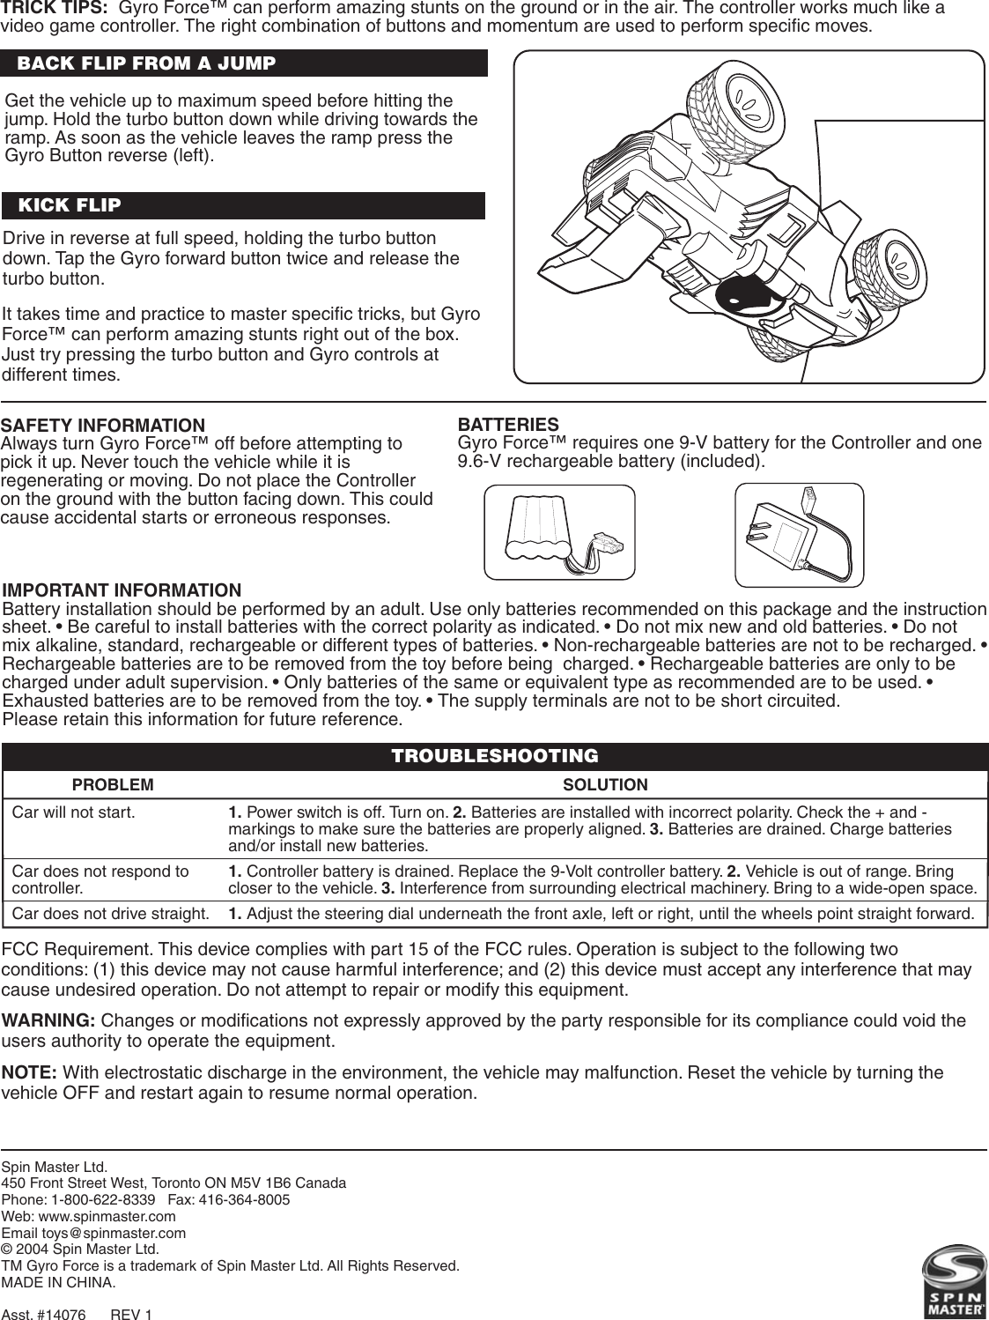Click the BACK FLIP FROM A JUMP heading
pyautogui.click(x=146, y=63)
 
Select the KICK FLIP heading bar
pyautogui.click(x=70, y=205)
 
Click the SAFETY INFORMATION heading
pyautogui.click(x=103, y=426)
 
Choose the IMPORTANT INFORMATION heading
pyautogui.click(x=122, y=590)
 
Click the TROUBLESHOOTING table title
pyautogui.click(x=494, y=756)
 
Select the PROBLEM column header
pyautogui.click(x=112, y=784)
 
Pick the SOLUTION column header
pyautogui.click(x=605, y=784)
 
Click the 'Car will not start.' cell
pyautogui.click(x=74, y=812)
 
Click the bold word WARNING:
pyautogui.click(x=50, y=1020)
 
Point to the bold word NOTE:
pyautogui.click(x=31, y=1072)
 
